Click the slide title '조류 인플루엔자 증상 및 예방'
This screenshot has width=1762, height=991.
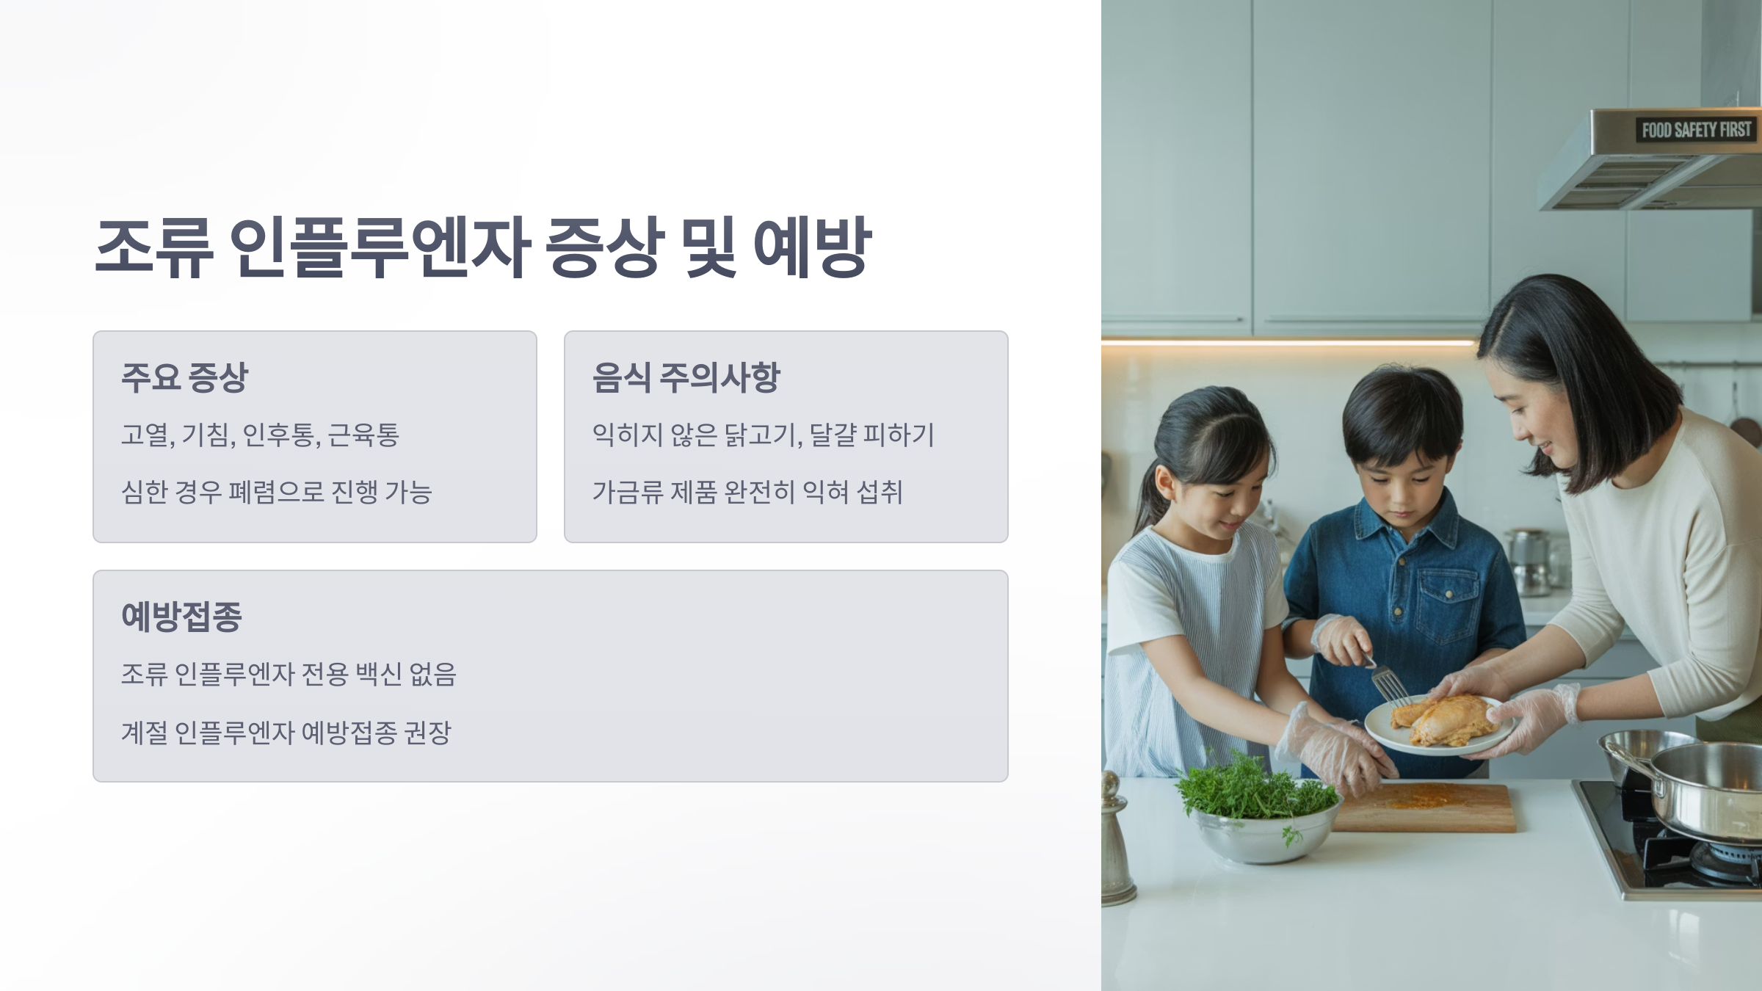click(483, 247)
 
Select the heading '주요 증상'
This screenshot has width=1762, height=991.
click(185, 378)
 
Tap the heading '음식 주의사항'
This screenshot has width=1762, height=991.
click(686, 378)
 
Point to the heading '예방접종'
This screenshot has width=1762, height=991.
click(181, 617)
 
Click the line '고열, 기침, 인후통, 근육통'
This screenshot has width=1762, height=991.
click(260, 435)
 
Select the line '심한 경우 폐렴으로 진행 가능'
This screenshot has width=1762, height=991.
click(276, 492)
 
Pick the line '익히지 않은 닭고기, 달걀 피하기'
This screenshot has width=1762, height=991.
click(763, 435)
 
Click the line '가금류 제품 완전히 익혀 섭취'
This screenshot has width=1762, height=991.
click(747, 492)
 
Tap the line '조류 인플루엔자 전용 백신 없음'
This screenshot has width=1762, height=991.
click(289, 674)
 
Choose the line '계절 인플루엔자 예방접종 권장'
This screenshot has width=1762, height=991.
click(286, 732)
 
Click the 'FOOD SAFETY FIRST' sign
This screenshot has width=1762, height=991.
click(1696, 130)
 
